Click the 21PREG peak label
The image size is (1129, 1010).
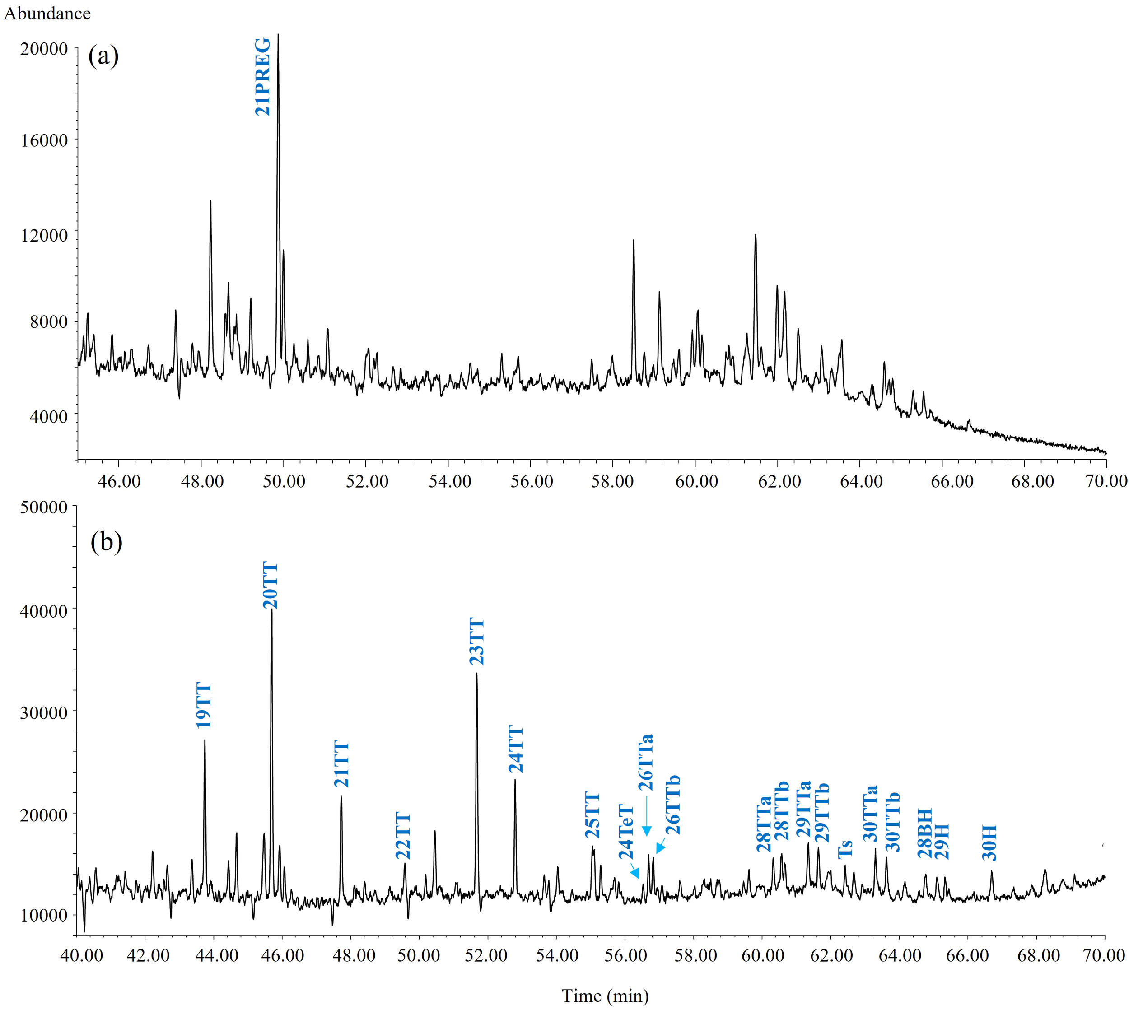click(262, 77)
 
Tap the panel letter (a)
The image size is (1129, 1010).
click(103, 56)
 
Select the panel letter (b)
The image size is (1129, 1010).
click(106, 542)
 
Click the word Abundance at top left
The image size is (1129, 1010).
click(47, 13)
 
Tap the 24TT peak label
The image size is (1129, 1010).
click(516, 749)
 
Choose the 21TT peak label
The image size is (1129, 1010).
click(341, 764)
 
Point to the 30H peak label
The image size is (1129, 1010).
click(989, 842)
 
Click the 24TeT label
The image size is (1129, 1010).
click(626, 831)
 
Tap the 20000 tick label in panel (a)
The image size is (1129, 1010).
click(44, 49)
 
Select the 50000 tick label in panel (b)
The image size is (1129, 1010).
click(44, 507)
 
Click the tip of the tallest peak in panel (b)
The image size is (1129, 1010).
click(271, 610)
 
